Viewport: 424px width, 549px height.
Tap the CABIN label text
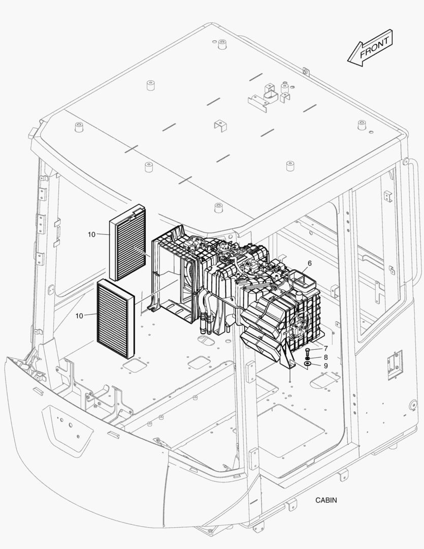click(x=325, y=500)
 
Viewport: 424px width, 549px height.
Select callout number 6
click(x=309, y=263)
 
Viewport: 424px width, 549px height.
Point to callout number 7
click(x=325, y=349)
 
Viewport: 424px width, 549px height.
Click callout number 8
click(x=325, y=357)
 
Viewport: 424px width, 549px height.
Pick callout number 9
click(x=325, y=365)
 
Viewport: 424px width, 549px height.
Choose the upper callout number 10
click(x=91, y=234)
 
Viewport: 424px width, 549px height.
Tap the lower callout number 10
click(x=79, y=316)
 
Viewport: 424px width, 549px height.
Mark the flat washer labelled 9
click(x=308, y=364)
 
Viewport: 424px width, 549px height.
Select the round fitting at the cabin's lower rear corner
click(x=413, y=406)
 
